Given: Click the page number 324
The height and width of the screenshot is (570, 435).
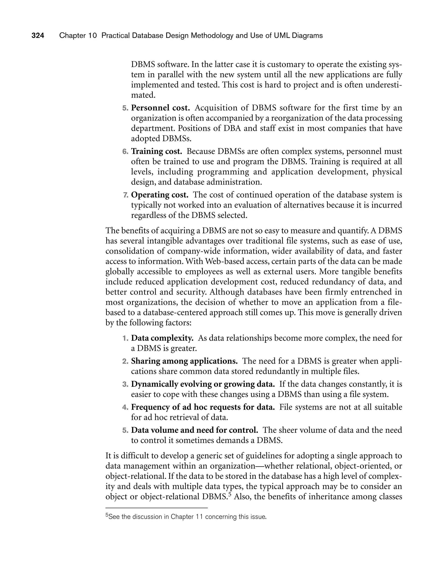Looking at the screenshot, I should click(38, 35).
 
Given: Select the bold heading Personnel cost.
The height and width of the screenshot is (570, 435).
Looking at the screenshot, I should click(160, 108).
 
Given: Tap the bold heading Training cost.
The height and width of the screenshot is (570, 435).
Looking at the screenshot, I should click(156, 151).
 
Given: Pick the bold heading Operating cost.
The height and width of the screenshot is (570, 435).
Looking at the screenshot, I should click(160, 195).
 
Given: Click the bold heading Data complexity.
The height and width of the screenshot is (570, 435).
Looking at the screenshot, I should click(162, 338).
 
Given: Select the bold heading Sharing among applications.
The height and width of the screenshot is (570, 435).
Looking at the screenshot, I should click(184, 361).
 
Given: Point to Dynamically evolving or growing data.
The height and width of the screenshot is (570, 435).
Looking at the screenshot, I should click(203, 384).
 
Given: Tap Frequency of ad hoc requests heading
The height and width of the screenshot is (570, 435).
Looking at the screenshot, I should click(203, 407).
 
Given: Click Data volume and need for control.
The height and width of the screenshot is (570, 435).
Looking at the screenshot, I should click(195, 430).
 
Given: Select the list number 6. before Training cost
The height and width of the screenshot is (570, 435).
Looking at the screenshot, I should click(125, 151).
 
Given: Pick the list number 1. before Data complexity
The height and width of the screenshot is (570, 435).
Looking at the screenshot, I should click(125, 338).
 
